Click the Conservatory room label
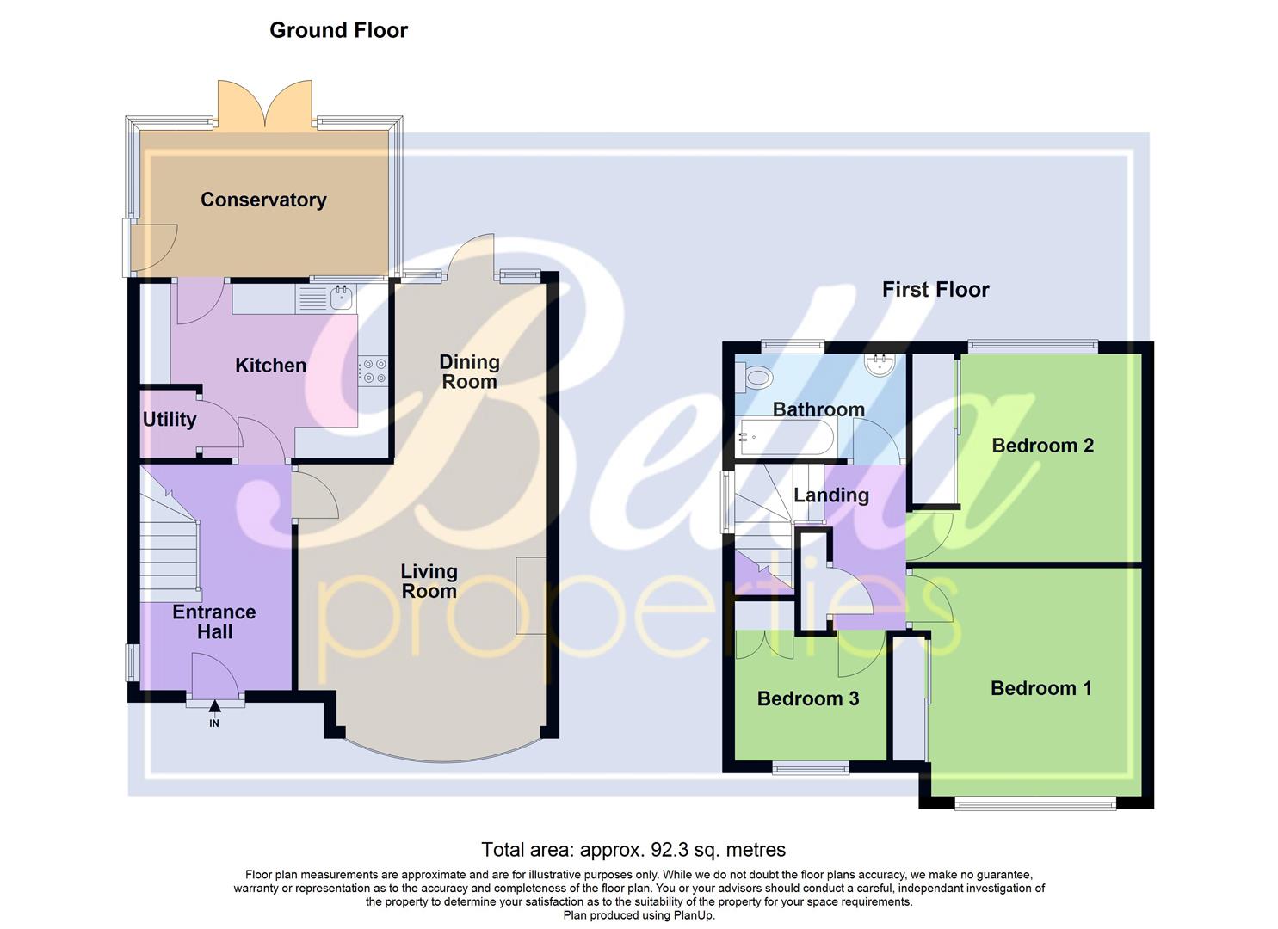(x=263, y=200)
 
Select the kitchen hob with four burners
(x=374, y=371)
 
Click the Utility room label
(x=169, y=420)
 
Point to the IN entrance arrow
(x=214, y=708)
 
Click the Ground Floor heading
(x=338, y=30)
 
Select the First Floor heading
(x=935, y=290)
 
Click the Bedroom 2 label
(x=1042, y=446)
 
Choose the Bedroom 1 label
(x=1040, y=688)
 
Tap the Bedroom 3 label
(x=807, y=698)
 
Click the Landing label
(x=830, y=495)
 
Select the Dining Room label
(x=469, y=372)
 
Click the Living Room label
(x=429, y=581)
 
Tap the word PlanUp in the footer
(x=694, y=915)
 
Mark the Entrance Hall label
(x=214, y=621)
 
